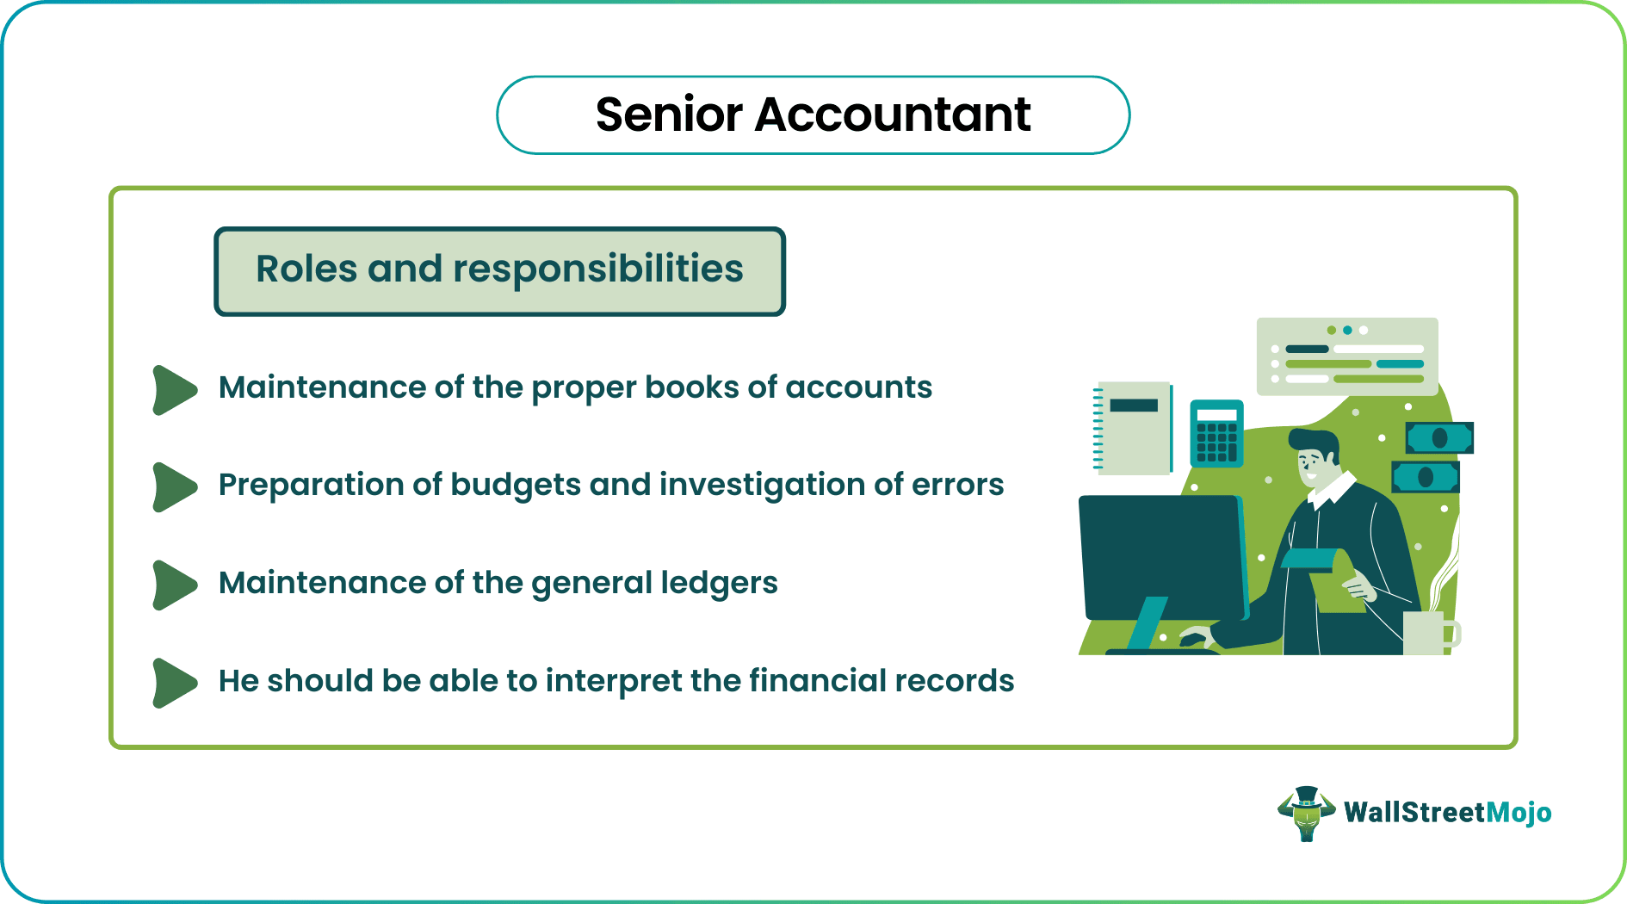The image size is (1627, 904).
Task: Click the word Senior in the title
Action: (x=669, y=115)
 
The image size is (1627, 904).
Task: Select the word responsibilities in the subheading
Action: (x=598, y=269)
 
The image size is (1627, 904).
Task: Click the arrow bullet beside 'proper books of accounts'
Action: (x=174, y=390)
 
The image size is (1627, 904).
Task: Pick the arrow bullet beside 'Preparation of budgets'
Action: (x=174, y=487)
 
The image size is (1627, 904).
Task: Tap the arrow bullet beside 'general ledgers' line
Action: (x=174, y=585)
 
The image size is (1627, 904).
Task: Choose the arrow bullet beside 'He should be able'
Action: (x=174, y=683)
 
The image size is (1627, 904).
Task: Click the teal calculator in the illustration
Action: (x=1216, y=433)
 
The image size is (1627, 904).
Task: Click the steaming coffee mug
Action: (x=1426, y=633)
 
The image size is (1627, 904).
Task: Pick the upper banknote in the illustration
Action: (x=1439, y=437)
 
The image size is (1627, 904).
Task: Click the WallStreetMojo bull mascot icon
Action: (x=1306, y=813)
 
